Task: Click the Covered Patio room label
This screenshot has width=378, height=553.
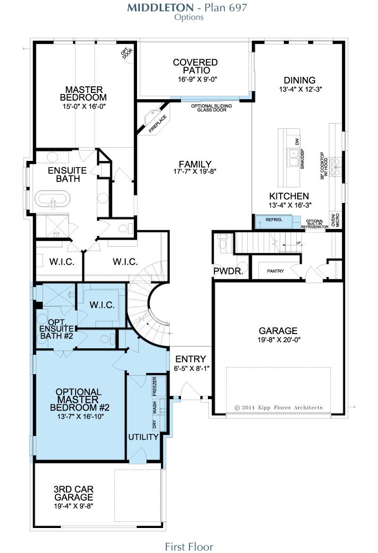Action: click(x=195, y=67)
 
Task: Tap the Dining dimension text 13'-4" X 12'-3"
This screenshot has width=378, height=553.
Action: click(x=301, y=89)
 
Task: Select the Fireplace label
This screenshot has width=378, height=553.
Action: click(x=157, y=124)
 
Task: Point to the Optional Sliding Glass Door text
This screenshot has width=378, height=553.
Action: click(x=212, y=108)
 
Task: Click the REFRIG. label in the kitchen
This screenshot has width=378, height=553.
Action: click(x=274, y=220)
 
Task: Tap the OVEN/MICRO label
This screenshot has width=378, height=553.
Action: click(x=335, y=220)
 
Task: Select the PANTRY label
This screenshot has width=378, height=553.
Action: click(x=275, y=271)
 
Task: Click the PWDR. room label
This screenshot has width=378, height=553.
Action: click(x=228, y=271)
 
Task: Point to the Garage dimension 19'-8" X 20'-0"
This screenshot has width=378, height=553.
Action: click(x=279, y=340)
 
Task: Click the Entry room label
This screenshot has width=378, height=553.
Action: click(x=191, y=359)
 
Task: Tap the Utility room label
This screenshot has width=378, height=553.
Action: click(x=143, y=437)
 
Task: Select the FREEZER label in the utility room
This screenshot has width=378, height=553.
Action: click(x=155, y=386)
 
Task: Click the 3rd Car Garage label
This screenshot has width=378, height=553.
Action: click(x=74, y=493)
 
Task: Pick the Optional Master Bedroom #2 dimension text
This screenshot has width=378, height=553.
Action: click(x=80, y=417)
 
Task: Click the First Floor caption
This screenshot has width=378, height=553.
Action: click(x=189, y=547)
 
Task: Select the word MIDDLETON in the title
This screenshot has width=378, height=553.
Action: click(x=160, y=8)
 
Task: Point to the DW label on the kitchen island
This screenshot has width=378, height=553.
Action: click(x=297, y=142)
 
